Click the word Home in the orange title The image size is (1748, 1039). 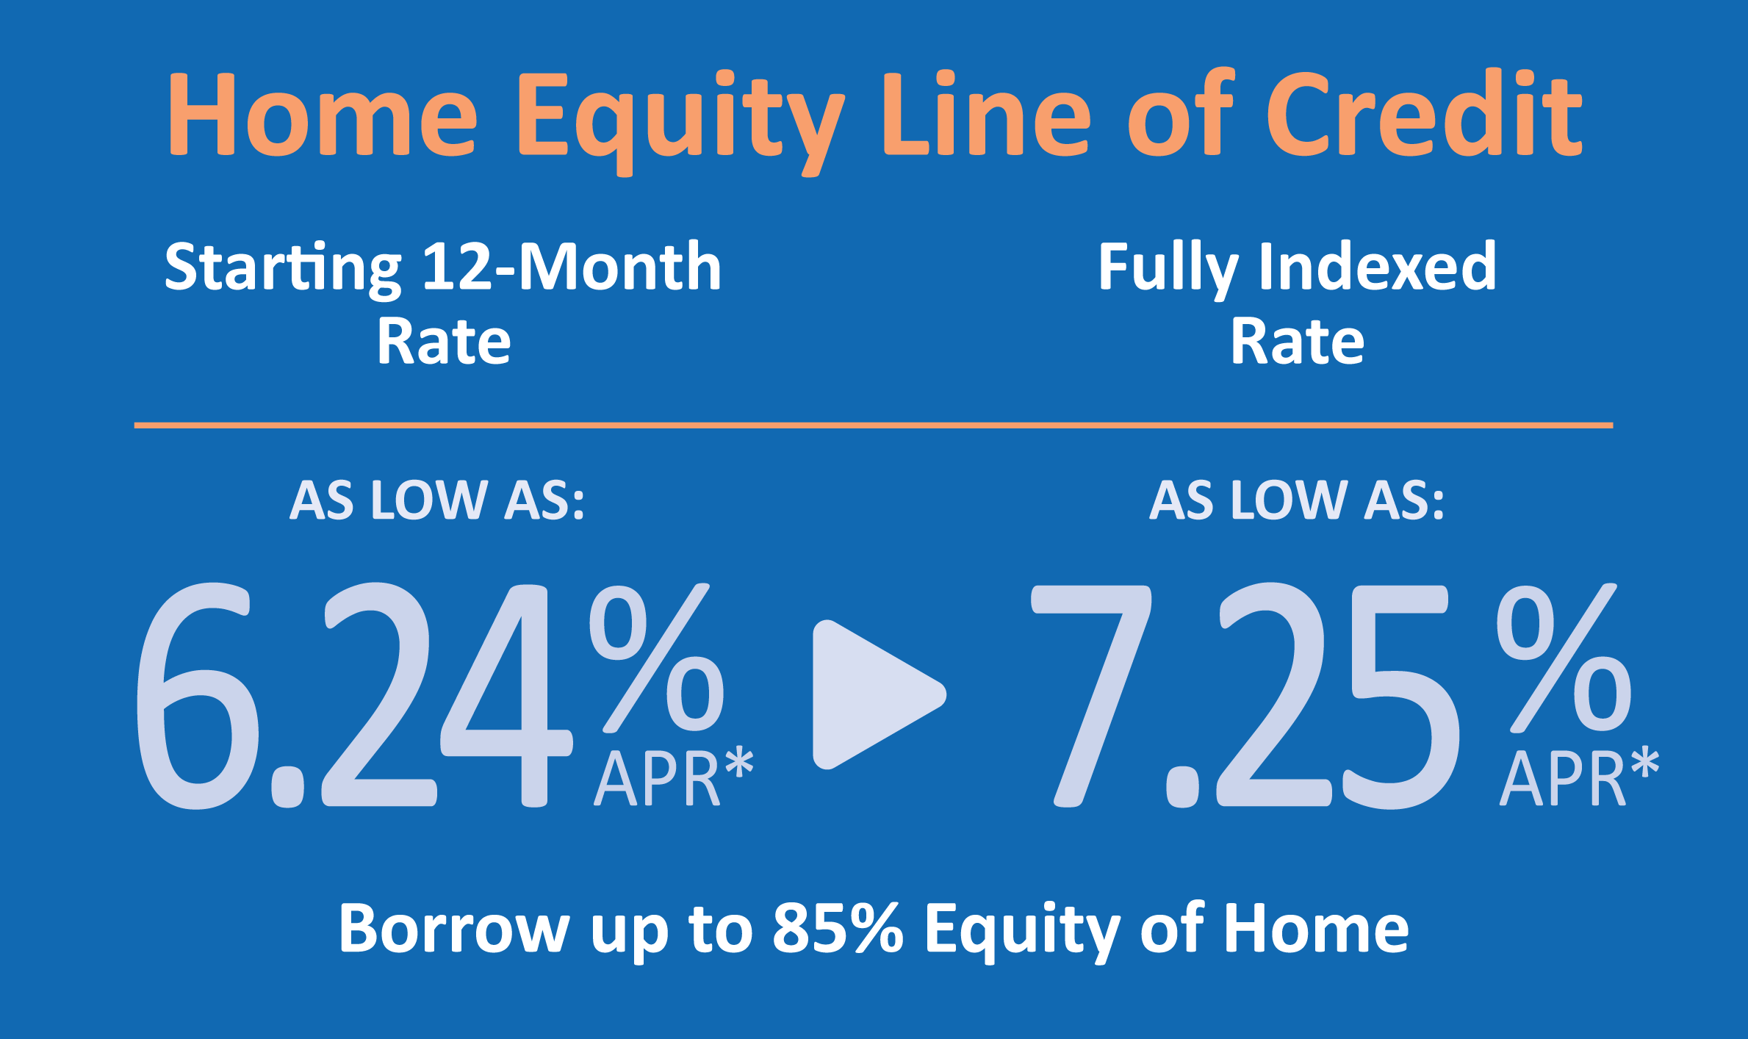coord(323,115)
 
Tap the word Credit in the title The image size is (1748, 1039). coord(1424,113)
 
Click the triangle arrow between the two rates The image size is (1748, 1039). coord(879,694)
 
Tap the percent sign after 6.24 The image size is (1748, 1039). coord(656,658)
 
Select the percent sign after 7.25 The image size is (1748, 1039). coord(1564,658)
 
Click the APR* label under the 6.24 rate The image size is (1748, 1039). coord(674,777)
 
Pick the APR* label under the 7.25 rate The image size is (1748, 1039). coord(1580,777)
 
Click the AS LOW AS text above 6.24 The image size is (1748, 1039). coord(437,500)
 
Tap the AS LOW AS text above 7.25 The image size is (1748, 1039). coord(1297,500)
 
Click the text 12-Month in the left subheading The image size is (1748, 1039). coord(572,266)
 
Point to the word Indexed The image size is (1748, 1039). coord(1378,265)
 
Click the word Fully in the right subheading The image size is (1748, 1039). coord(1168,269)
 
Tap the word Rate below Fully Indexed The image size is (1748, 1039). coord(1298,342)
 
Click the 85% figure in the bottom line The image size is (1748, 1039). coord(838,928)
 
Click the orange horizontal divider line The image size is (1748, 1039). coord(874,425)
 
